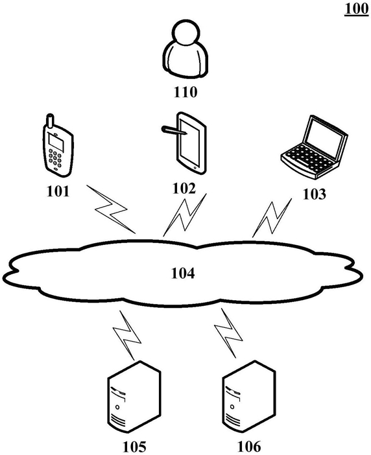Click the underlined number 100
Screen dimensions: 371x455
coord(357,9)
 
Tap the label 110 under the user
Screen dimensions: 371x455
coord(185,92)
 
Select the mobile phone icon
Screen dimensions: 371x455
coord(58,145)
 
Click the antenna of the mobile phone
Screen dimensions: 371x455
coord(50,121)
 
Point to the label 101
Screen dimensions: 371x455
coord(58,191)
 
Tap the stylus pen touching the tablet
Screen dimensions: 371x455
coord(174,130)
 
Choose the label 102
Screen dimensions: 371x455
coord(184,189)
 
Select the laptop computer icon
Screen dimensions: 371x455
coord(314,147)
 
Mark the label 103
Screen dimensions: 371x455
coord(314,194)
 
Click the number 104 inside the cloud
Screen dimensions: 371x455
coord(183,273)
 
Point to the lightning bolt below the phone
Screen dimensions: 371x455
coord(111,209)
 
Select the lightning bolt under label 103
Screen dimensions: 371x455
coord(272,218)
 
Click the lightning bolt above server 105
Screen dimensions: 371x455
coord(127,336)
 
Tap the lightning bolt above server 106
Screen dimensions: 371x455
coord(228,333)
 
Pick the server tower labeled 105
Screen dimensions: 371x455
coord(134,397)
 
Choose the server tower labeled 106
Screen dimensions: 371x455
coord(249,397)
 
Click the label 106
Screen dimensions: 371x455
coord(249,447)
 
